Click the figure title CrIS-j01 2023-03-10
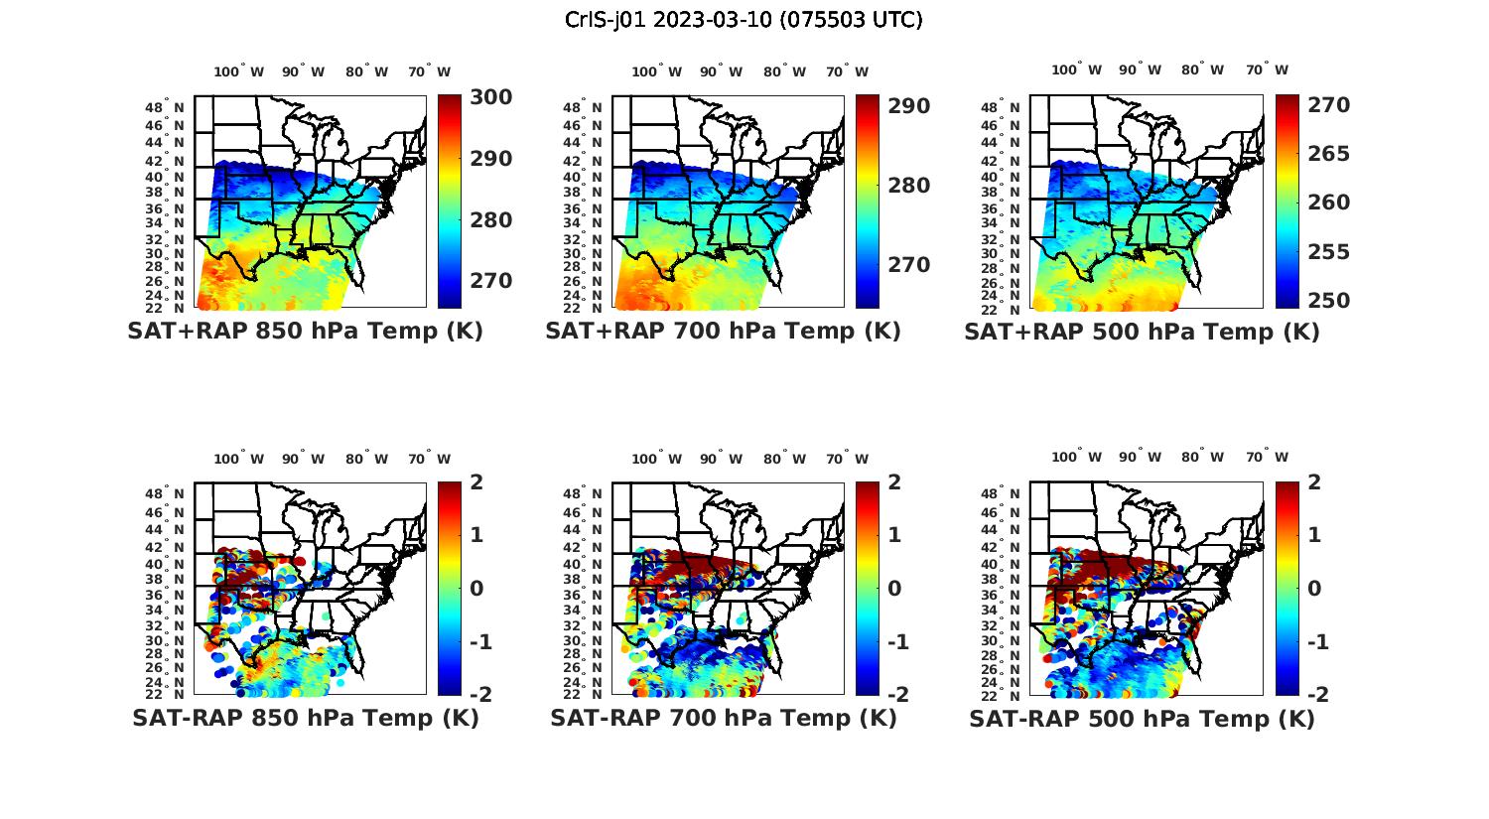point(744,20)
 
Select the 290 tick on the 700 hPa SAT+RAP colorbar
point(907,106)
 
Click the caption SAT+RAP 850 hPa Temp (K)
point(305,332)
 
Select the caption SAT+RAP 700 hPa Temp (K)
point(723,332)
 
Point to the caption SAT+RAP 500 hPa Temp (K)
point(1142,333)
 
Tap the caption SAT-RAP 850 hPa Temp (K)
point(305,718)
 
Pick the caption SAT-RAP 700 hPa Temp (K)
point(723,718)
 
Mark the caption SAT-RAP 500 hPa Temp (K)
point(1142,719)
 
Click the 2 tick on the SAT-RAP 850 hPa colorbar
point(476,483)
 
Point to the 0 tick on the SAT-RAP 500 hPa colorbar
point(1314,589)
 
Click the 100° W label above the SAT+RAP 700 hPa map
point(656,71)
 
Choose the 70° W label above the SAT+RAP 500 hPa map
point(1267,69)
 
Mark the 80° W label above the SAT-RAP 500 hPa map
point(1202,457)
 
